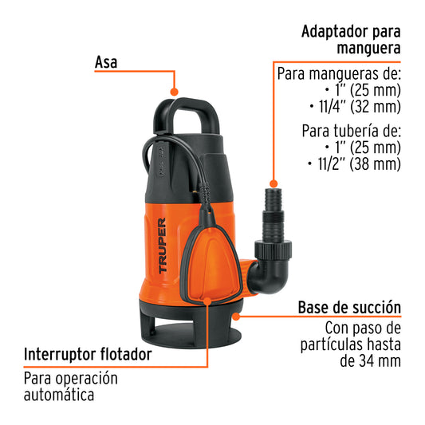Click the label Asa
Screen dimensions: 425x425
(x=106, y=61)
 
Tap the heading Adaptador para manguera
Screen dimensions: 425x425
(x=350, y=41)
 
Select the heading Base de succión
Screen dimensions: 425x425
(x=349, y=308)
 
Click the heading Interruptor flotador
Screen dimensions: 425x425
(x=88, y=354)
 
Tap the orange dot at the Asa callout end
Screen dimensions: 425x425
(x=175, y=92)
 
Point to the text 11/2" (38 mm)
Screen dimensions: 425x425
(x=353, y=165)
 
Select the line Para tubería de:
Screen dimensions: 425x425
(x=351, y=130)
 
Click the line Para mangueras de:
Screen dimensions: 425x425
(x=339, y=73)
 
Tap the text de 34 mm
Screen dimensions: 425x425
(x=369, y=361)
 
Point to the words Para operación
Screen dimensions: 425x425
(x=70, y=378)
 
